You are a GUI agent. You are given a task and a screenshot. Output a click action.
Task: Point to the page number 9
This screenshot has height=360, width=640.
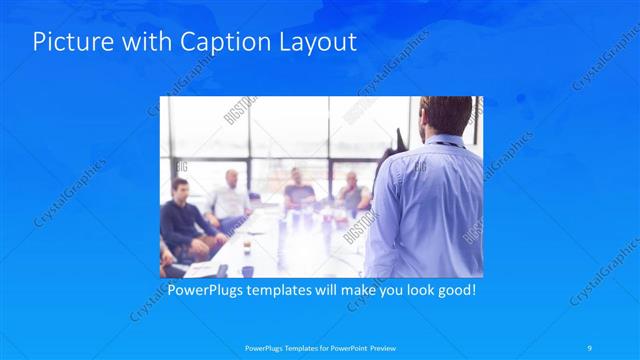pyautogui.click(x=592, y=347)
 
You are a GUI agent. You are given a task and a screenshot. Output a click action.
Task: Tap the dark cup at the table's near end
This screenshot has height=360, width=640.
pyautogui.click(x=247, y=270)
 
